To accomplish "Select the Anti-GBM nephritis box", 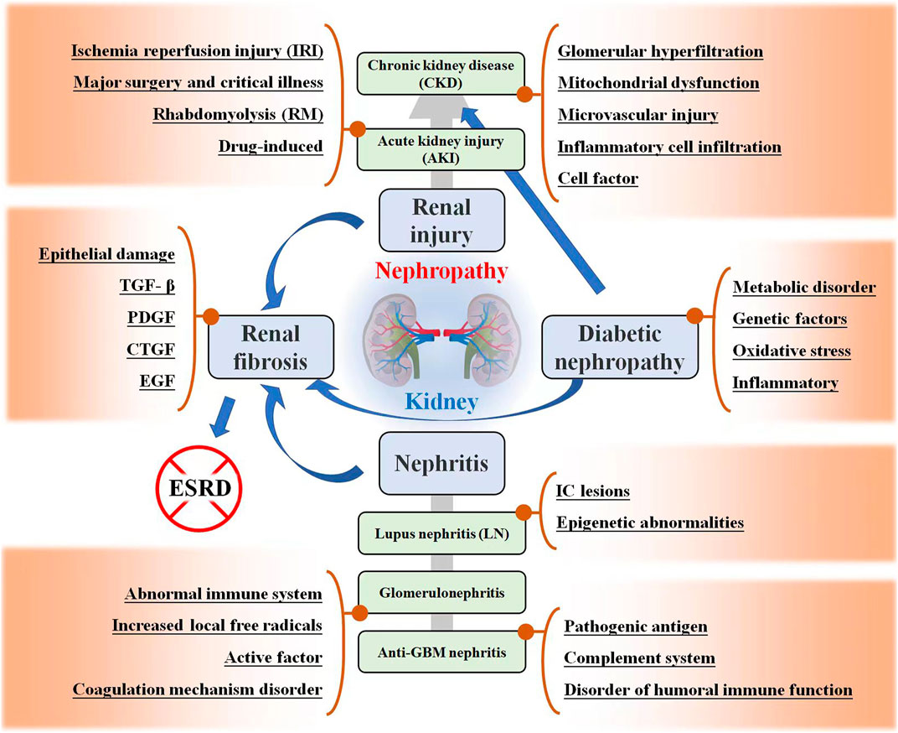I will pos(441,651).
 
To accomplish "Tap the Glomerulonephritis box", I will pos(441,593).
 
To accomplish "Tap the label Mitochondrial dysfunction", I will pos(658,83).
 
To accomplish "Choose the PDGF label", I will pos(157,317).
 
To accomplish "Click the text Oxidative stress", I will pos(792,351).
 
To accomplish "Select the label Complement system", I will pos(639,658).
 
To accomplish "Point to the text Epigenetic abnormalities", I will pos(650,522).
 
